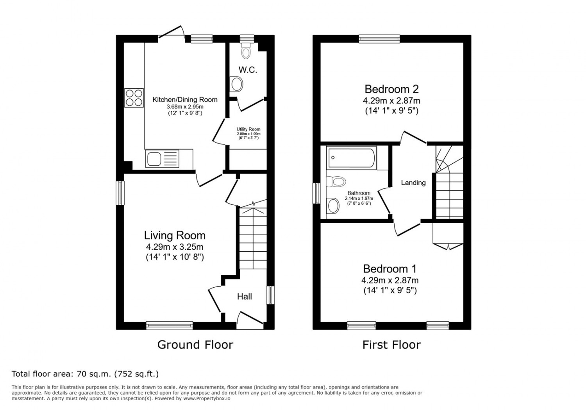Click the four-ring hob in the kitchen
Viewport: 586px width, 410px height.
pos(134,98)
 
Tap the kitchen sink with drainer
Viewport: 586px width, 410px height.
pos(162,159)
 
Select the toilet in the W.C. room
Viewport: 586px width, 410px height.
pos(246,51)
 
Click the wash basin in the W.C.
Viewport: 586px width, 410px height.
pos(236,84)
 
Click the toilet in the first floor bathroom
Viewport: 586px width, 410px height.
pos(336,181)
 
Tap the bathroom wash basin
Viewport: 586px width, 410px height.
pos(333,206)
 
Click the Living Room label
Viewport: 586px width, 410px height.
pos(175,235)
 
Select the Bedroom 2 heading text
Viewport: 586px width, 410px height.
pos(391,89)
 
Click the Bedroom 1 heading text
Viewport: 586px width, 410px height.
pos(390,269)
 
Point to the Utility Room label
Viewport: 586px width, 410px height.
pos(248,129)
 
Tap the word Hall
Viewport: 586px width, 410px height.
pos(245,296)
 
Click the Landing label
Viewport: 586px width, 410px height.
pos(413,183)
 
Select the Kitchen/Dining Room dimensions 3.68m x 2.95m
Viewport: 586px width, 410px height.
pos(185,107)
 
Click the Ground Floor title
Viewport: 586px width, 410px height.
pos(195,345)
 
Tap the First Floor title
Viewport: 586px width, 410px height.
pos(391,345)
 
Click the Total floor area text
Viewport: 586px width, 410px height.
pos(85,374)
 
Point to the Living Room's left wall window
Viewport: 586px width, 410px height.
pos(120,193)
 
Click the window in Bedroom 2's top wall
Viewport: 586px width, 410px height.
pos(379,39)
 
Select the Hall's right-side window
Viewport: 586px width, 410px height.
pos(270,295)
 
